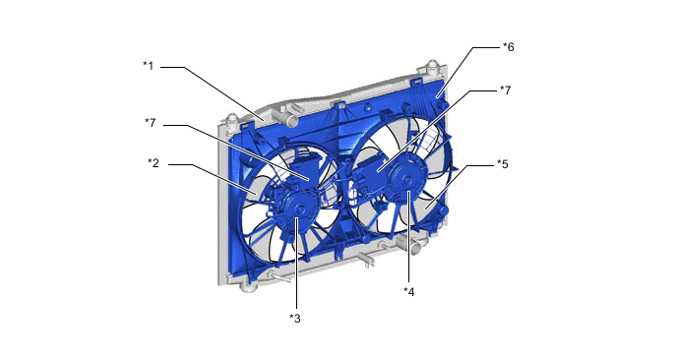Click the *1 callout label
[148, 66]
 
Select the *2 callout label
[154, 163]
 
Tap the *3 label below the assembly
[295, 319]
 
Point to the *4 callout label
[409, 292]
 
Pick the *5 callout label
[503, 164]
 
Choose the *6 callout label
[509, 46]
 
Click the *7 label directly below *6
[505, 90]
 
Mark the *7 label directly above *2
[150, 123]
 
